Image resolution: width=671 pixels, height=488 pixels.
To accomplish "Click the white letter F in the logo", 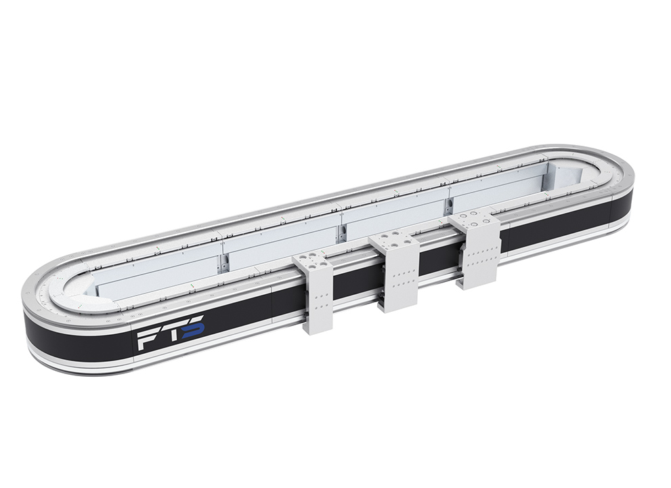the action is tap(148, 340).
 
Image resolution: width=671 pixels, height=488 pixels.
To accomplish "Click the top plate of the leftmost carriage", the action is tap(310, 262).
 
